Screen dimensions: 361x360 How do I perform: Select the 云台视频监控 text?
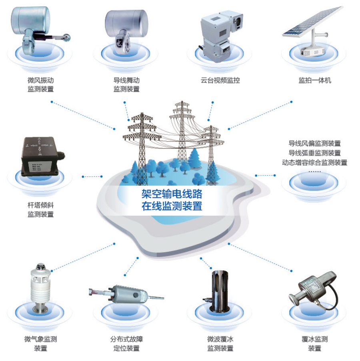point(220,80)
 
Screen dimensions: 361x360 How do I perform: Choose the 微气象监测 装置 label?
point(40,343)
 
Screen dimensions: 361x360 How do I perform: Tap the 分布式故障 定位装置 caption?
point(126,343)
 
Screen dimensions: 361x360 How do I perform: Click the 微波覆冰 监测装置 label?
point(220,343)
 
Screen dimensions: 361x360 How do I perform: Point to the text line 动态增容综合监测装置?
point(314,162)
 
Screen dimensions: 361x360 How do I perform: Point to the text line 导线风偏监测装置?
point(314,143)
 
